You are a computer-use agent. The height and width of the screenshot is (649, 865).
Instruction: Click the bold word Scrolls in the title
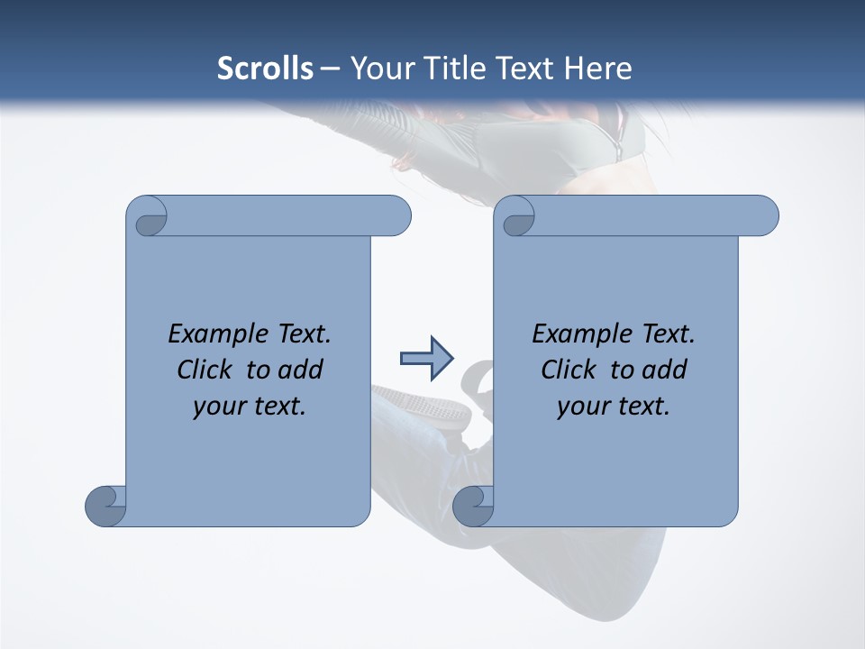[x=265, y=69]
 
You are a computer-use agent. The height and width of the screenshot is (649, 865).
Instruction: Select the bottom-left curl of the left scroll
[x=105, y=507]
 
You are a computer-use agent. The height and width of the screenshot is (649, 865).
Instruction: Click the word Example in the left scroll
[x=214, y=334]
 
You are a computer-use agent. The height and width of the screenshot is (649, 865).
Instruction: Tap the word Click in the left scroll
[x=205, y=370]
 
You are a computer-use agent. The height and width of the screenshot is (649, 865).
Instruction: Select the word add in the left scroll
[x=301, y=370]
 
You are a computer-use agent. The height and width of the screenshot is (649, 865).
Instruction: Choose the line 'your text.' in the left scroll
[x=250, y=407]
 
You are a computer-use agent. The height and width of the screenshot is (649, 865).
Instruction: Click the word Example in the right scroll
[x=578, y=334]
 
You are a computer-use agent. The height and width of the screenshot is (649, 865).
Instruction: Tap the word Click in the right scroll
[x=569, y=370]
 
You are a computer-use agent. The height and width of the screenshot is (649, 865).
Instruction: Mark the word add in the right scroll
[x=665, y=370]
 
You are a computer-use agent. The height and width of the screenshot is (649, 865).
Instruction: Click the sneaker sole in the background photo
[x=423, y=406]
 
